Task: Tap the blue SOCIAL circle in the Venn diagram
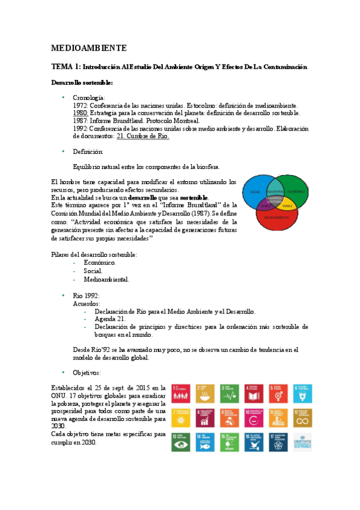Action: pos(255,191)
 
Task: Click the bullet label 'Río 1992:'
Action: pos(86,296)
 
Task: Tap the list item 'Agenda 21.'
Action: pos(109,319)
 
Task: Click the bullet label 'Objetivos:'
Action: pos(88,373)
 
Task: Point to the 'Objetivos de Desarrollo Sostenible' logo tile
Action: pos(303,441)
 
